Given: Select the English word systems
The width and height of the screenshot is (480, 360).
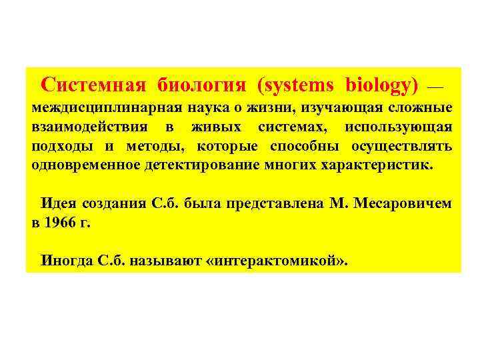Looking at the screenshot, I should (297, 85).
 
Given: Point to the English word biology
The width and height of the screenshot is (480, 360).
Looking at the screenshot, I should (381, 85).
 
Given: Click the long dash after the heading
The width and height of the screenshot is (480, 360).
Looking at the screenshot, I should (434, 87).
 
